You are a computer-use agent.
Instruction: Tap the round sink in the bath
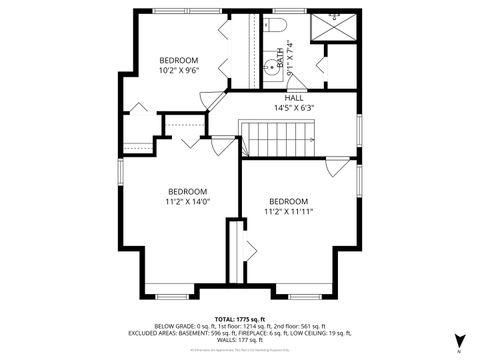tap(270, 68)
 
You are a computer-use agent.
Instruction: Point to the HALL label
tap(294, 98)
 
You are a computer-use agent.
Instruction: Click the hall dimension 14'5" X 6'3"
tap(294, 108)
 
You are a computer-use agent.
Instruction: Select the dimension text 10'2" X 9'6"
tap(179, 70)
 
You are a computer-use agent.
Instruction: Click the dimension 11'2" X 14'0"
tap(187, 201)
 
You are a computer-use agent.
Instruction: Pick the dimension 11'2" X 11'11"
tap(288, 211)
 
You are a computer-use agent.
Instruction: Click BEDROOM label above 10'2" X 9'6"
tap(179, 60)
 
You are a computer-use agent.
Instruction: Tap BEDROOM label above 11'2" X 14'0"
tap(187, 191)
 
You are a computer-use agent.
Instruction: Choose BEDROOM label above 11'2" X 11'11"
tap(288, 201)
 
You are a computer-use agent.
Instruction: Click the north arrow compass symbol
tap(459, 341)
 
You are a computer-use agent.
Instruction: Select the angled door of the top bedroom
tap(212, 100)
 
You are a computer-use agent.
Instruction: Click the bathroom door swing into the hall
tap(320, 68)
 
